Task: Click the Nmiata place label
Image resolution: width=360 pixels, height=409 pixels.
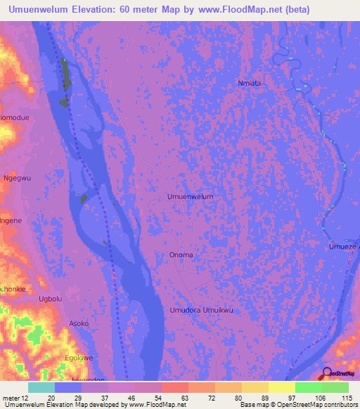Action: [249, 83]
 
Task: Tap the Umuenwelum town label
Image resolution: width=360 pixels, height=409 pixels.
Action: [190, 197]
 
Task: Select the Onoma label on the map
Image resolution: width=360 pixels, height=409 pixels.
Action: [181, 254]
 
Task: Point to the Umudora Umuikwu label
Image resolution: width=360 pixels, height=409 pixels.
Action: [201, 310]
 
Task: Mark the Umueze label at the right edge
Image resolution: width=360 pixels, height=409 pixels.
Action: [344, 247]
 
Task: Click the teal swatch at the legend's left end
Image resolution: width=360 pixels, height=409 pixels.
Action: [41, 387]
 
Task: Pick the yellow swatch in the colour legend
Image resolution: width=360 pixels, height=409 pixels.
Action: [281, 387]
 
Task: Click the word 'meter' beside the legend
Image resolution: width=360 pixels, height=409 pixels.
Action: [11, 398]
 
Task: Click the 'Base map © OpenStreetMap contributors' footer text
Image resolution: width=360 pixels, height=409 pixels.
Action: [298, 405]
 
